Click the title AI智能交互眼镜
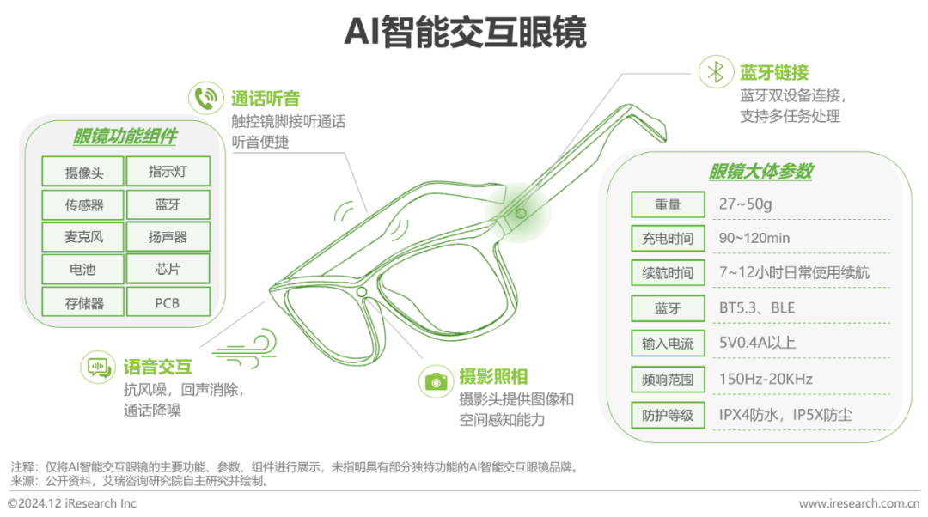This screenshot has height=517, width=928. tap(464, 33)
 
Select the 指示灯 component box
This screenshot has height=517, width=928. tap(168, 172)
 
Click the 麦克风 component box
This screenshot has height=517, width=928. tap(83, 237)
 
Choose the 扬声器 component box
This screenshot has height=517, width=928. tap(168, 237)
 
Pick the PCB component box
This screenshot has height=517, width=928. tap(168, 302)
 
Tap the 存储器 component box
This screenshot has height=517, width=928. tap(83, 302)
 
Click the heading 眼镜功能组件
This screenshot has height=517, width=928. tap(125, 137)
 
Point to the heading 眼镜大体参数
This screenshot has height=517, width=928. tap(761, 172)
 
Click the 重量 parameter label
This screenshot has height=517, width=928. tap(668, 204)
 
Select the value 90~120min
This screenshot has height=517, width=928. tap(754, 237)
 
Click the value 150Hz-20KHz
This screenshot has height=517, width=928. tap(766, 379)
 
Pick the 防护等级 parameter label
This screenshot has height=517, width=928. tap(668, 415)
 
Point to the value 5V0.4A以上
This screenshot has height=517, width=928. tap(757, 343)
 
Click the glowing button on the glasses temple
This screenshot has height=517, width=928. tap(521, 211)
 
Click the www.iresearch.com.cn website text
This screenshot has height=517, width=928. tap(858, 503)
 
